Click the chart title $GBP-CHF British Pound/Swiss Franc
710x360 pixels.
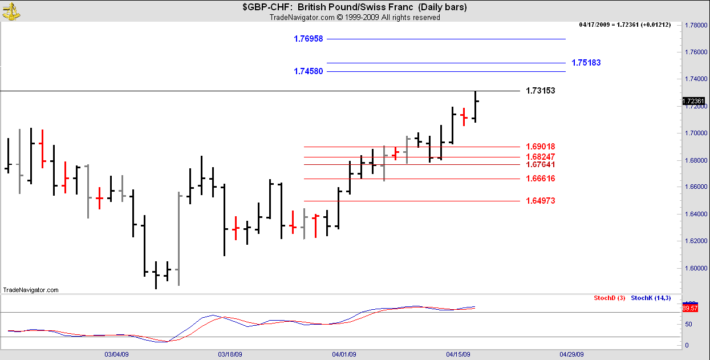point(355,7)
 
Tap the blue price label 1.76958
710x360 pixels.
point(309,39)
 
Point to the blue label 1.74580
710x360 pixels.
point(309,71)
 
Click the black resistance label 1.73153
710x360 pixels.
point(540,91)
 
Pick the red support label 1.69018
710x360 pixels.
point(540,147)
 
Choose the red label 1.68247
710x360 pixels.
point(540,157)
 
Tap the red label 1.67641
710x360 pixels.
point(540,164)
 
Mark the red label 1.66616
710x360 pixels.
point(540,179)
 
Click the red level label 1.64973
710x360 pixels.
point(540,201)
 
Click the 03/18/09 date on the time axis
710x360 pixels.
point(230,354)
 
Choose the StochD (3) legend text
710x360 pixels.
point(610,298)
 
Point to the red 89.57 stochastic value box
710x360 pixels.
point(690,308)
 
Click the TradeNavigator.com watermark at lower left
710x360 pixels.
point(31,290)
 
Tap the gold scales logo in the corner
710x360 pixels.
point(11,10)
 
